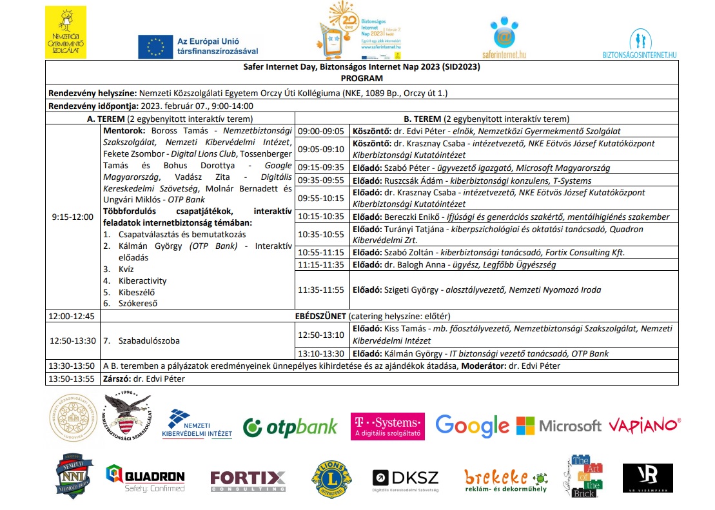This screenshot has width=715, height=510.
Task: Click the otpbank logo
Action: pos(290,426)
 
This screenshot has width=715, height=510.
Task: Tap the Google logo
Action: pos(472,425)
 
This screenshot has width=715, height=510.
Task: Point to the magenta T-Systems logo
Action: pos(387,426)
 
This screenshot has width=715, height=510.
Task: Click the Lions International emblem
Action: pos(332,479)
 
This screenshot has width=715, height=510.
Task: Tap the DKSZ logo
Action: pos(406,479)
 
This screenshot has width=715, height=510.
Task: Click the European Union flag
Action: pos(155,46)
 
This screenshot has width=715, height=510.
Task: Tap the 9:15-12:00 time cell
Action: pos(73,217)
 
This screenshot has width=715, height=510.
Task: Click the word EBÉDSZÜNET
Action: pos(316,317)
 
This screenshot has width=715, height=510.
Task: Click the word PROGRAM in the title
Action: pos(362,78)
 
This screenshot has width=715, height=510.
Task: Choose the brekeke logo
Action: pos(505,480)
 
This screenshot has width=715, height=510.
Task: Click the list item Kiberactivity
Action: pos(142,280)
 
